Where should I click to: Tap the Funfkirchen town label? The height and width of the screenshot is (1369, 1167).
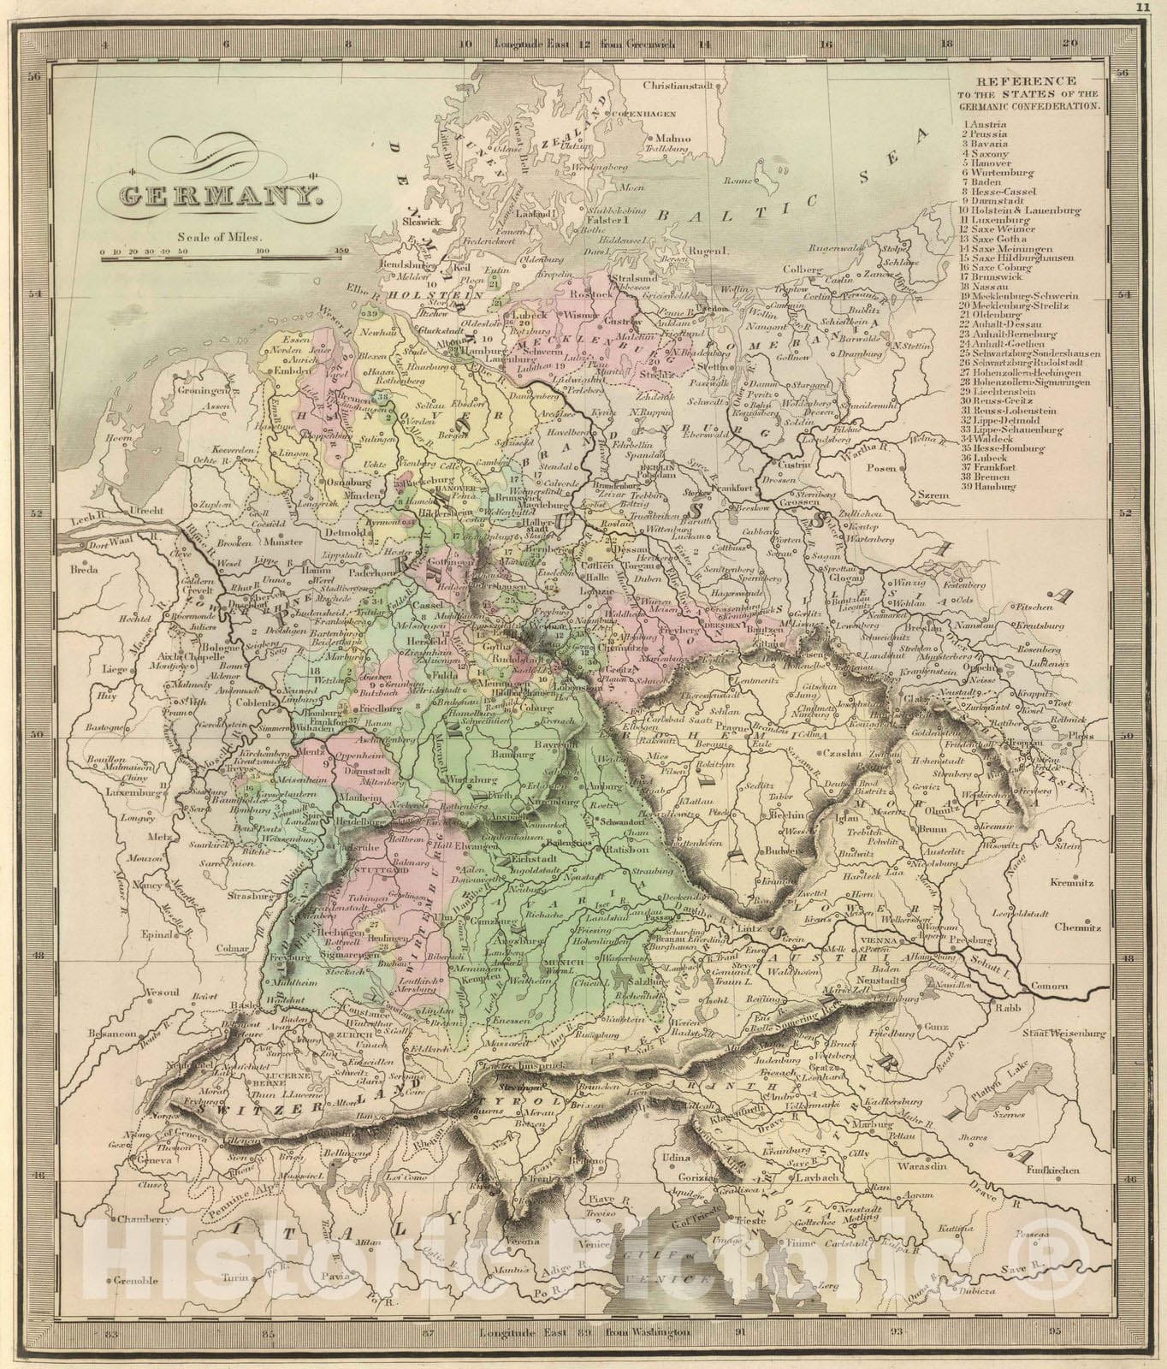[1072, 1170]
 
